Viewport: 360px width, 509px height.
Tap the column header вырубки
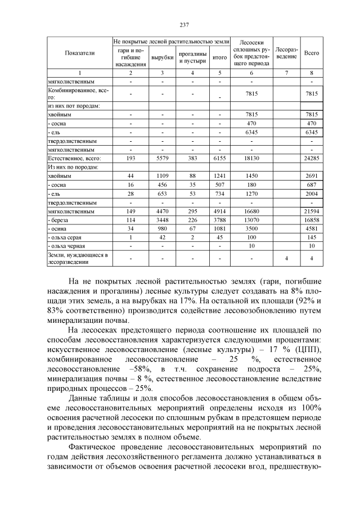click(162, 57)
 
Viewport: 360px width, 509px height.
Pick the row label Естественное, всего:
click(70, 159)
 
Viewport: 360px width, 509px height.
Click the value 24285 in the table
click(311, 159)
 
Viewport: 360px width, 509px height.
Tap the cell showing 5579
click(162, 159)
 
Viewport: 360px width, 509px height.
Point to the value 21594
click(311, 211)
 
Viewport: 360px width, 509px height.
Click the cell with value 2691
click(311, 176)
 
